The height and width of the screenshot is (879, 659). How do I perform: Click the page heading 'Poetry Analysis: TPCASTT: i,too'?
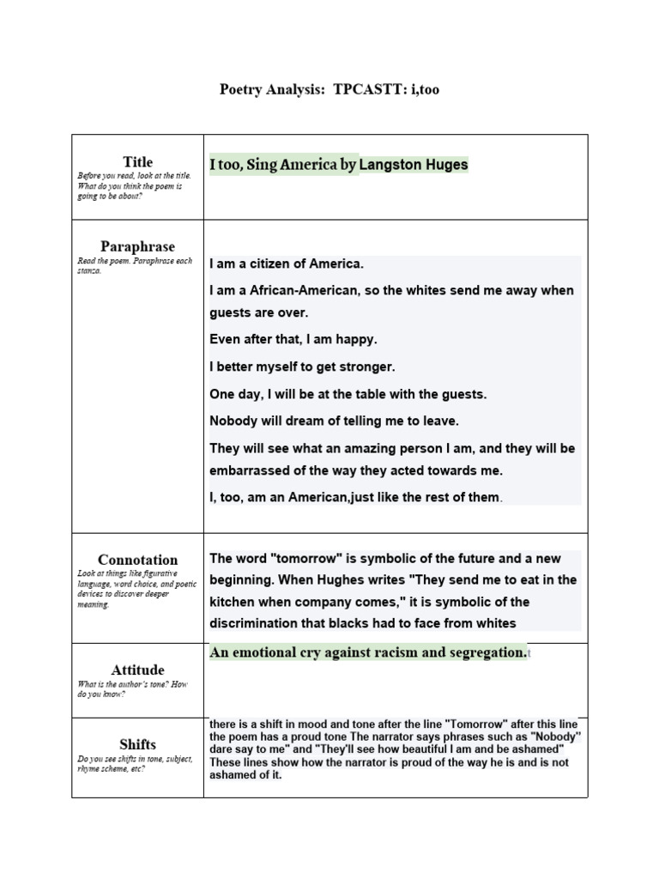(x=329, y=89)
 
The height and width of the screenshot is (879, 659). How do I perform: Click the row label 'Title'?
(x=137, y=161)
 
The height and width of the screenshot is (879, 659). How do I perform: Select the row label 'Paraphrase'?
(x=137, y=246)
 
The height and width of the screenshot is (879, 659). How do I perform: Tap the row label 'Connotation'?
(x=137, y=560)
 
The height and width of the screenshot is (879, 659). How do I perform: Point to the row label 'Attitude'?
(x=137, y=670)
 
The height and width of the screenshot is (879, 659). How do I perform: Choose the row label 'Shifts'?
(x=137, y=744)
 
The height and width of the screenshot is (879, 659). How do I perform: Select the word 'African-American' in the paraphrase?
(x=299, y=290)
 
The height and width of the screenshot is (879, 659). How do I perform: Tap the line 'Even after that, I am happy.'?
(x=293, y=339)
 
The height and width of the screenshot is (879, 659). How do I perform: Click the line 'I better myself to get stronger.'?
(x=302, y=367)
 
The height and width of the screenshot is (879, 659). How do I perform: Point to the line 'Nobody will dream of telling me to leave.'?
(x=334, y=421)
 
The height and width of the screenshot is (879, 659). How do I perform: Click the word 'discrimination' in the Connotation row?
(x=257, y=623)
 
